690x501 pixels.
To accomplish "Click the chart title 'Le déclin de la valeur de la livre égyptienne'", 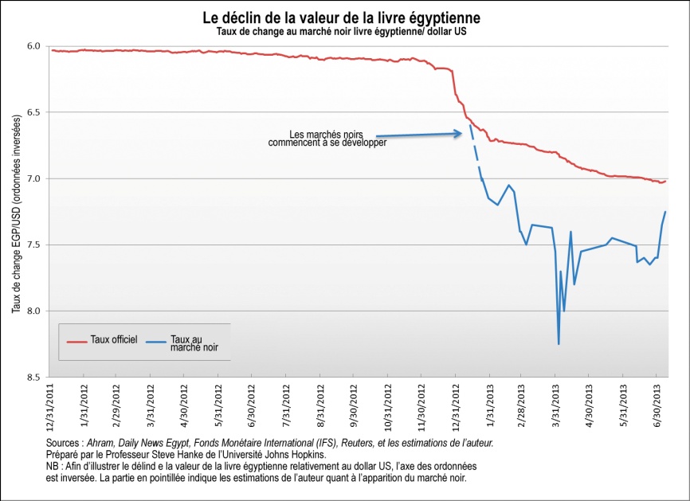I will pyautogui.click(x=341, y=16).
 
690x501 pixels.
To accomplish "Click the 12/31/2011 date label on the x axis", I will pyautogui.click(x=51, y=405).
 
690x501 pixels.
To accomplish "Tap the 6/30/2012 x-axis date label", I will pyautogui.click(x=252, y=405).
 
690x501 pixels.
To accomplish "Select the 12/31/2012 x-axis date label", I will pyautogui.click(x=454, y=405).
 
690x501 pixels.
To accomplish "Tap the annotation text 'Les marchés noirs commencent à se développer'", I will pyautogui.click(x=327, y=139).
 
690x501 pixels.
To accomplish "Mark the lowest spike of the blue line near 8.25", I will pyautogui.click(x=559, y=343).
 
